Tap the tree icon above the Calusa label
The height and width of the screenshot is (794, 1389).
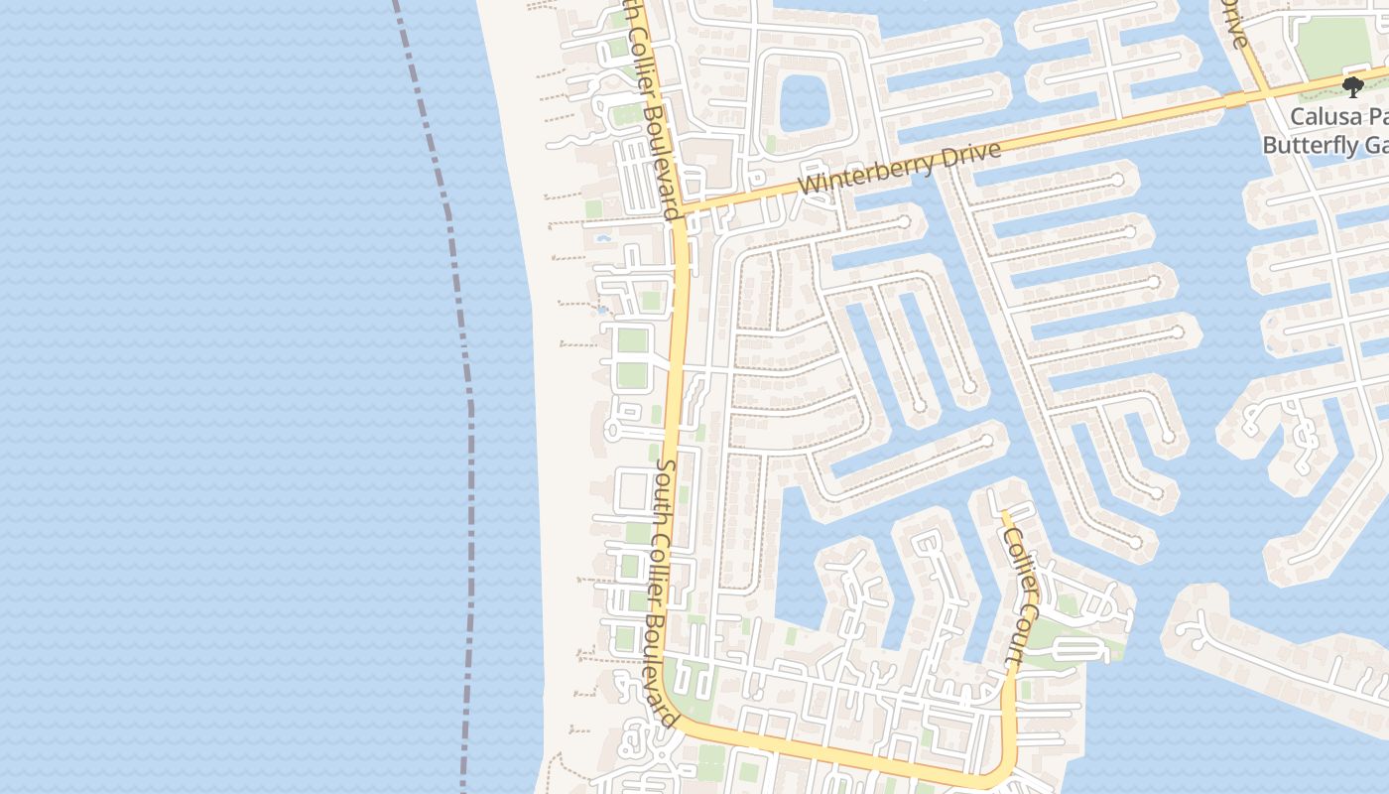point(1351,85)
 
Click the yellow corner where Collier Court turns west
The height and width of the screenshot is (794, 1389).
point(1004,770)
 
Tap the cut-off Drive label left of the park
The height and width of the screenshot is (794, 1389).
point(1235,25)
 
